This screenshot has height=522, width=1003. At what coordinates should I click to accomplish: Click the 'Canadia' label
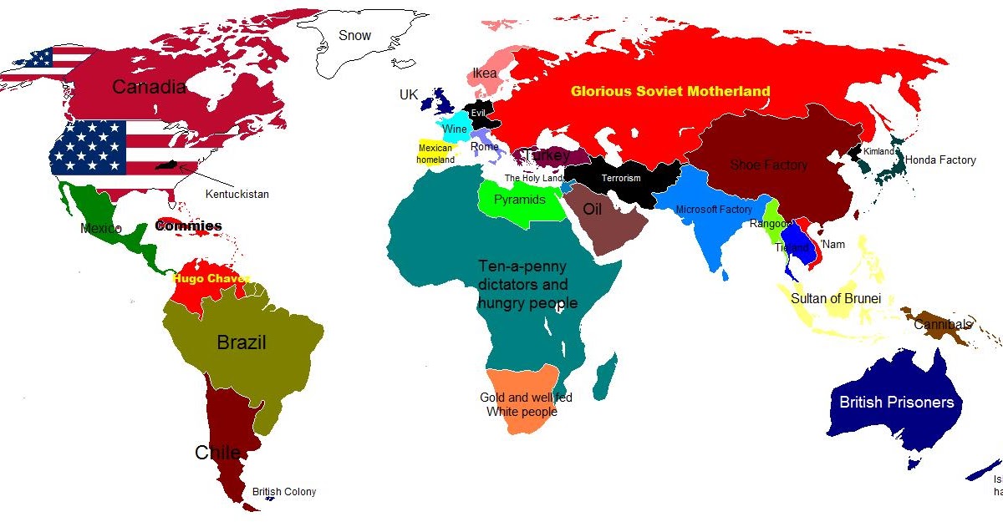pos(149,86)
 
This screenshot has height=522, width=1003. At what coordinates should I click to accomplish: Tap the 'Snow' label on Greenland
pos(354,35)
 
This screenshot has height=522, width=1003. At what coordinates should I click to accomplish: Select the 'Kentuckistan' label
pos(237,194)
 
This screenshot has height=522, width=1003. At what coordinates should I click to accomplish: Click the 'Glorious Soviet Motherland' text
pos(670,91)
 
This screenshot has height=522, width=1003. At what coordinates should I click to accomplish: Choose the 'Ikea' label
pos(485,73)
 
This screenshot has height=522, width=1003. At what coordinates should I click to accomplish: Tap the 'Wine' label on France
pos(455,129)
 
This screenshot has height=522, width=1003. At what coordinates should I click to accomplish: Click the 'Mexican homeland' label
pos(435,154)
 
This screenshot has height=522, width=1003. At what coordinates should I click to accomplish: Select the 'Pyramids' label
pos(519,200)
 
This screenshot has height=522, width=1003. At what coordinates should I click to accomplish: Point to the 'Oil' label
pos(593,209)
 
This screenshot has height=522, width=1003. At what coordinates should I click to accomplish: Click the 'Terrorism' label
pos(621,179)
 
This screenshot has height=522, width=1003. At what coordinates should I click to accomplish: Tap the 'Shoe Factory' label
pos(769,165)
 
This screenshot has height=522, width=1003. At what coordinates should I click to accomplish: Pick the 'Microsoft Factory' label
pos(714,210)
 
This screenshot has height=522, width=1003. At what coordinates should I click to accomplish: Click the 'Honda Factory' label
pos(940,160)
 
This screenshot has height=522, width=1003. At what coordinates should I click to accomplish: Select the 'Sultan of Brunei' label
pos(835,298)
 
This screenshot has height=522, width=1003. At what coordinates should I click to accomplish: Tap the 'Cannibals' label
pos(943,324)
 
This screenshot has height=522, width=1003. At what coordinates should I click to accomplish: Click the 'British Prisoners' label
pos(896,402)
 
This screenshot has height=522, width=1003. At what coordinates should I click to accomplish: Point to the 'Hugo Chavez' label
pos(211,278)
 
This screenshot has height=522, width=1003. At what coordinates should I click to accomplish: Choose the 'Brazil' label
pos(241,342)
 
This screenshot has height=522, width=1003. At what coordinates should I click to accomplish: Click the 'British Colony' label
pos(284,492)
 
